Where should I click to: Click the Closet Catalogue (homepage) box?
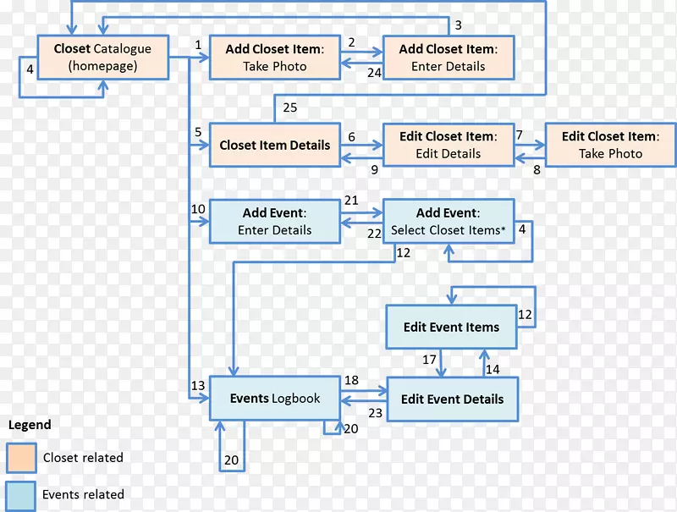[x=102, y=58]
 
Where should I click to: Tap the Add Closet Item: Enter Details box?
[x=448, y=58]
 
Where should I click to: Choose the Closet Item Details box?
[x=274, y=145]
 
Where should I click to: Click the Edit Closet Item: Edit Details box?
[x=448, y=145]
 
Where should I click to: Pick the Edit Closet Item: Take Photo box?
[x=610, y=145]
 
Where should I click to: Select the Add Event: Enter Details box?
[x=274, y=221]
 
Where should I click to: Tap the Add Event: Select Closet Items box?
[x=448, y=221]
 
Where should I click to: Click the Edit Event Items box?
[x=451, y=327]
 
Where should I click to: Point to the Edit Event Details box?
[x=452, y=399]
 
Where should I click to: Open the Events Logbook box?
[x=275, y=398]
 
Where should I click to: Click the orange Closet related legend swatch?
[x=21, y=458]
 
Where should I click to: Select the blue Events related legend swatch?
[x=21, y=495]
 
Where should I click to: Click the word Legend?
[x=30, y=425]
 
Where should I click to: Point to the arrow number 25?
[x=290, y=107]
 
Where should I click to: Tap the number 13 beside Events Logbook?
[x=198, y=386]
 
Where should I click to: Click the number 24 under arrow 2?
[x=374, y=73]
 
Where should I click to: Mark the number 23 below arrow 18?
[x=375, y=413]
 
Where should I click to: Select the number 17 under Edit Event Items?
[x=430, y=360]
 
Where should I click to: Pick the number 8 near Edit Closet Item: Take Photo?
[x=536, y=170]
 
